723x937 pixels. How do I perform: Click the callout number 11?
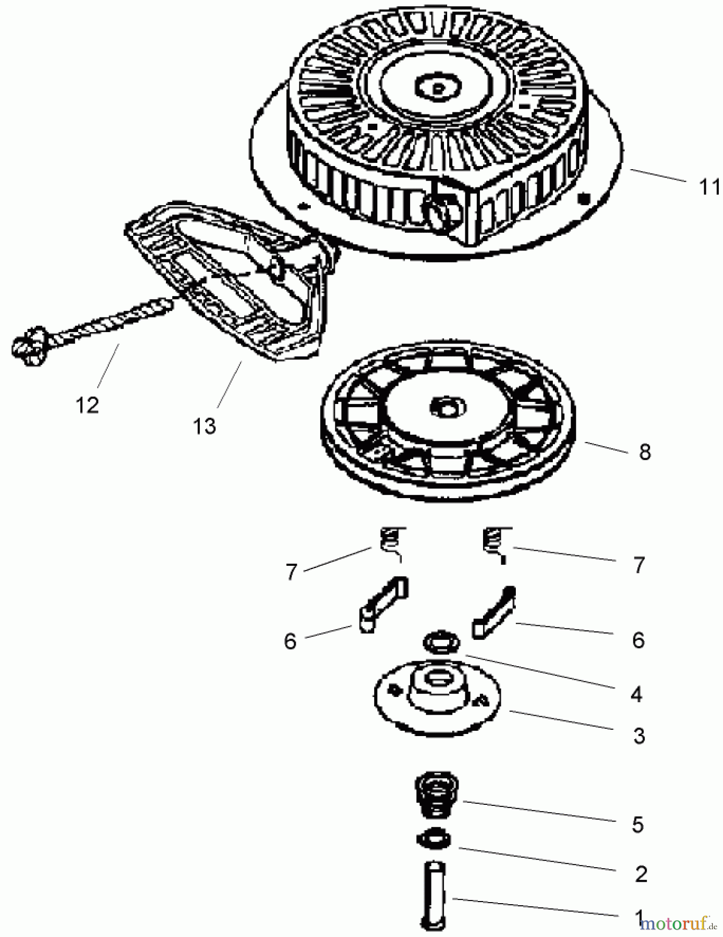tap(709, 187)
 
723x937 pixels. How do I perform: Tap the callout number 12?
tap(87, 405)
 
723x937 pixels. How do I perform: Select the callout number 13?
tap(204, 426)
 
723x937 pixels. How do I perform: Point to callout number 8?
tap(644, 452)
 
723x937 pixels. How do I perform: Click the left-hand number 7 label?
tap(291, 572)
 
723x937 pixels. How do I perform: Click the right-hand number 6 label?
tap(638, 640)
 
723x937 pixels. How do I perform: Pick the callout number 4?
tap(636, 694)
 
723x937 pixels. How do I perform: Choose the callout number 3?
tap(639, 736)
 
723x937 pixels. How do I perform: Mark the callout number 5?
tap(638, 825)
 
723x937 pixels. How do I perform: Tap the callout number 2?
tap(641, 874)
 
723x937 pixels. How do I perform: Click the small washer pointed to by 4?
tap(441, 642)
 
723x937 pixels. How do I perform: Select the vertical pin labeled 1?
tap(434, 895)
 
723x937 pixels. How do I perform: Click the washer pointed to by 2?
tap(434, 839)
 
